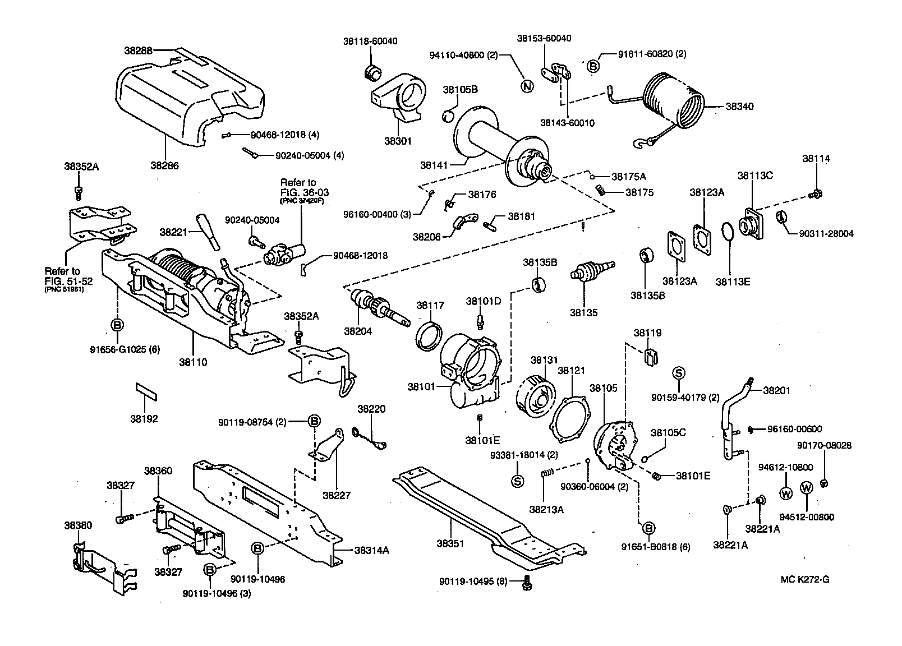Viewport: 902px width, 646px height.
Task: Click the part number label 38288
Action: pyautogui.click(x=138, y=50)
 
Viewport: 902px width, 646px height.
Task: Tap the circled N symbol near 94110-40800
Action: pyautogui.click(x=526, y=86)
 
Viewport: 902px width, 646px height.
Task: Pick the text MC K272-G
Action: pyautogui.click(x=804, y=579)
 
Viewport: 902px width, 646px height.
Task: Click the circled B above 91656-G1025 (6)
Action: pyautogui.click(x=117, y=325)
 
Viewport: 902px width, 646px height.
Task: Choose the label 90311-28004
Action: pyautogui.click(x=826, y=234)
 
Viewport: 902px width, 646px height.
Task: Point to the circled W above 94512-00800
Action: pyautogui.click(x=806, y=488)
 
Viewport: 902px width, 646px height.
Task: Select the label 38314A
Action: pyautogui.click(x=371, y=550)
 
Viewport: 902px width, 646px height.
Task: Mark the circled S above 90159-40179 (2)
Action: pyautogui.click(x=678, y=373)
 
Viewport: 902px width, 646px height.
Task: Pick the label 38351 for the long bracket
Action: pyautogui.click(x=450, y=543)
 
